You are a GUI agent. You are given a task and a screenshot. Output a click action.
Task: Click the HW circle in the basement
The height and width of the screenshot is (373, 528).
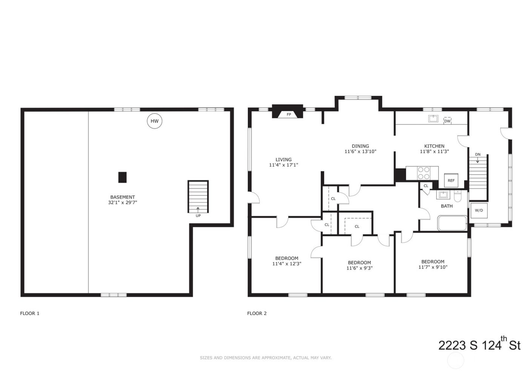point(154,121)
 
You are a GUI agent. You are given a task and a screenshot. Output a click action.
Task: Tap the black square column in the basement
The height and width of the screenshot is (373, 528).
point(122,177)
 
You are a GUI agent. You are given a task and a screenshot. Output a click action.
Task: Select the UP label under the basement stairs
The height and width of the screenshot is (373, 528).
point(198,216)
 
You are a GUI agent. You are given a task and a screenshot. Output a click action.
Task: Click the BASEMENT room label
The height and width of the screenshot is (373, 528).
point(123,197)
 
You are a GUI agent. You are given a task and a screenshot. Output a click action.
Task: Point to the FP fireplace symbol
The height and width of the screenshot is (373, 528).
point(289,114)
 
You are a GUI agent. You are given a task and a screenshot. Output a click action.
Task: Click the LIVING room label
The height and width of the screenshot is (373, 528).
point(283,160)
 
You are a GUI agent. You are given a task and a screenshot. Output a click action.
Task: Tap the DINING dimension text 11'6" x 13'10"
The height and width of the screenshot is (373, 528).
point(360,152)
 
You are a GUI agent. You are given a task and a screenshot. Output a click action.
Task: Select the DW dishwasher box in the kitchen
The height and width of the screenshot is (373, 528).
point(447,121)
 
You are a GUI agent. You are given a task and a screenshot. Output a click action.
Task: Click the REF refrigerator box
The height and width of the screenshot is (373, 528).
point(451,181)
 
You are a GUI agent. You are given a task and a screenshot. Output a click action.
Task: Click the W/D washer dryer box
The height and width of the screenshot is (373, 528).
point(479,210)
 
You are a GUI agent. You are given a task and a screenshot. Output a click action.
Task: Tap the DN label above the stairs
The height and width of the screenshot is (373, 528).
point(477,155)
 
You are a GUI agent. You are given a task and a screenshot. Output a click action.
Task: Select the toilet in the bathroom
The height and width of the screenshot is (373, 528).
point(457,196)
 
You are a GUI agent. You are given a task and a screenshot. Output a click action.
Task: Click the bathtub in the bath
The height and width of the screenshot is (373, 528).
point(452,223)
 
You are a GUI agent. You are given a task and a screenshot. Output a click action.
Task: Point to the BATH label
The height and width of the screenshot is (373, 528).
point(447,206)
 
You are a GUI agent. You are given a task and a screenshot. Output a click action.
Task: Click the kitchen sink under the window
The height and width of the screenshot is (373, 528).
point(433,119)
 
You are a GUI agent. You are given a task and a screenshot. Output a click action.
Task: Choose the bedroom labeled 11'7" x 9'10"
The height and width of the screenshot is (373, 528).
point(433,264)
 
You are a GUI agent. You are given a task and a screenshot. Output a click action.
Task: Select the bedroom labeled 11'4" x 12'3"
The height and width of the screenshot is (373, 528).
point(287,261)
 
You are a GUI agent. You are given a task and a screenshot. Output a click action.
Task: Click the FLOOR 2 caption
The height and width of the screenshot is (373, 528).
point(257,313)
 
